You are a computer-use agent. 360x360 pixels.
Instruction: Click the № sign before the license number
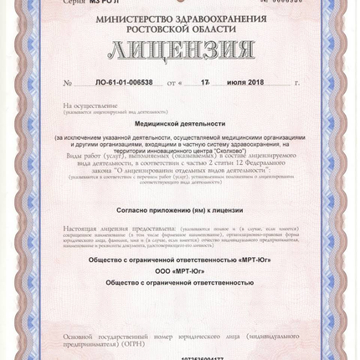tap(67, 84)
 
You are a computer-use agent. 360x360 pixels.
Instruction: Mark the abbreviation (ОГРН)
tap(133, 343)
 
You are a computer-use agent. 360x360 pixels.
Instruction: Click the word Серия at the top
tap(74, 3)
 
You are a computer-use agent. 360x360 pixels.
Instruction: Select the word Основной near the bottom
tap(85, 335)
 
